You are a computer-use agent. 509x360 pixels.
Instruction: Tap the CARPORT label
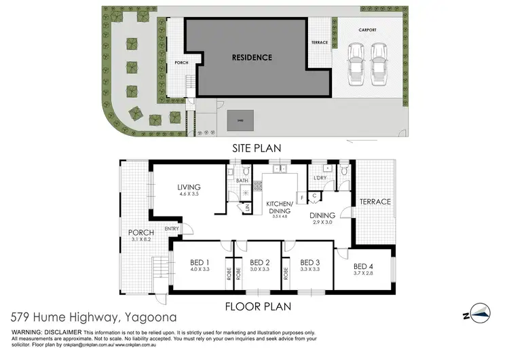(368, 31)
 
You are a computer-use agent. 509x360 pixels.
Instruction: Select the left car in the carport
(355, 62)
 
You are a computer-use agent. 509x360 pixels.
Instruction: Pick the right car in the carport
(379, 62)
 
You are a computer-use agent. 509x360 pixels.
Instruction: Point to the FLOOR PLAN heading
(262, 307)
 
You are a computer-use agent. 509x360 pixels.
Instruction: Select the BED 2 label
(260, 263)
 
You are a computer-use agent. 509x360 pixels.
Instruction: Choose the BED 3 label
(309, 263)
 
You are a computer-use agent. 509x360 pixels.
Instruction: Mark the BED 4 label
(364, 266)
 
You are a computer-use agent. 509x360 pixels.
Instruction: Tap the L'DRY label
(320, 179)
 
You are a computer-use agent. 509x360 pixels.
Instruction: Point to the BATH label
(242, 181)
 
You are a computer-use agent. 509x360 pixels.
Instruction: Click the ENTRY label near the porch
(171, 228)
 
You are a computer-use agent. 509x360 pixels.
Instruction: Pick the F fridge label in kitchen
(300, 198)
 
